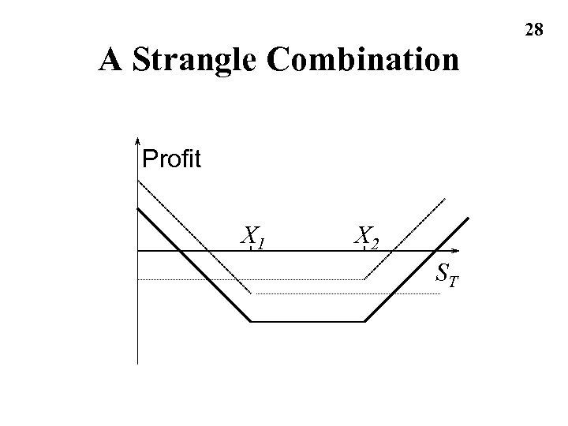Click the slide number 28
(533, 30)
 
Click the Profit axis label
(172, 160)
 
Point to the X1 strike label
(252, 235)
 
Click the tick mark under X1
(251, 248)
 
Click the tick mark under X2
(364, 248)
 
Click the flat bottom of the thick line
(308, 321)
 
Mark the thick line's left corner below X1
(251, 321)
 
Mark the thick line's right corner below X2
(365, 321)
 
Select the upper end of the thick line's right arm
(469, 217)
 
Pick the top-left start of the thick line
(138, 208)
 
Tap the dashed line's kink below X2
(364, 278)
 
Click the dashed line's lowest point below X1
(252, 293)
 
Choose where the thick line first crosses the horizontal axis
(180, 250)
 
